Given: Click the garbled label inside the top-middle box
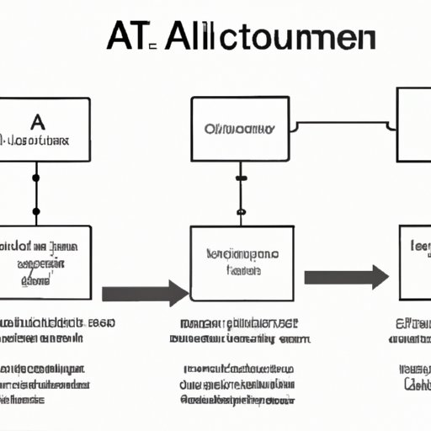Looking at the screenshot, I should pos(240,130).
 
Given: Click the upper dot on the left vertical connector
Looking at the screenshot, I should pos(35,178).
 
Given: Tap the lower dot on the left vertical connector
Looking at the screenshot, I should pos(35,210).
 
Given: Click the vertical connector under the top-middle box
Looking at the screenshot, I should pos(241,194).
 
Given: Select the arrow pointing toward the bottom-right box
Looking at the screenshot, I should pos(346,277).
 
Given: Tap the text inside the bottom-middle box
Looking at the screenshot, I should pos(242,262).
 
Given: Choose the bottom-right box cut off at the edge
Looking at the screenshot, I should pos(414,263).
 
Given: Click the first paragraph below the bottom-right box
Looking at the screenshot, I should pos(412,332).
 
